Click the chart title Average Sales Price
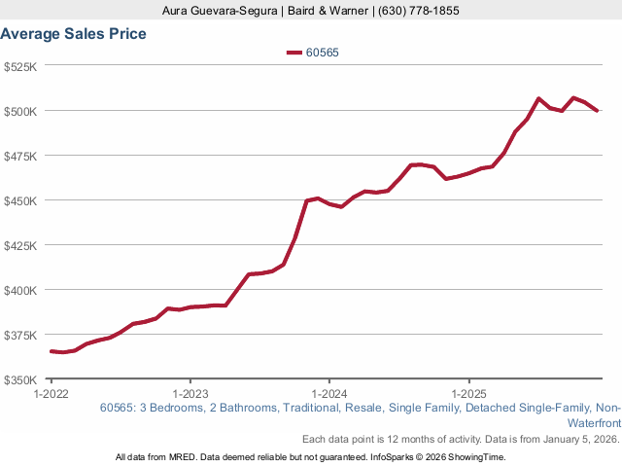click(x=74, y=34)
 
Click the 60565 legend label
click(x=322, y=53)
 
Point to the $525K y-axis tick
click(x=20, y=66)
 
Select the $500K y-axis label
click(x=20, y=111)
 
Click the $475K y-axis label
click(x=20, y=156)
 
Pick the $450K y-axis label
click(x=20, y=200)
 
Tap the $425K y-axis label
click(x=20, y=245)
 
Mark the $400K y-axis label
click(x=20, y=290)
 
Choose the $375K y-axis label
click(x=20, y=335)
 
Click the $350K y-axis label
click(x=20, y=379)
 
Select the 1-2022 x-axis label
click(x=51, y=394)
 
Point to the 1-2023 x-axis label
click(x=190, y=394)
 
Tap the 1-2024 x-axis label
click(x=329, y=394)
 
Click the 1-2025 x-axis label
click(x=469, y=394)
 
